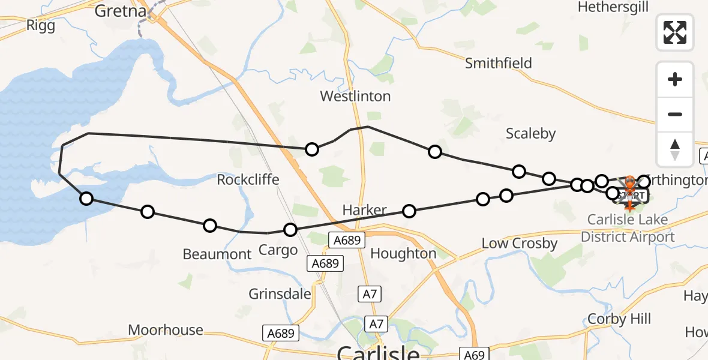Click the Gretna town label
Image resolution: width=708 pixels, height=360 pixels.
(121, 11)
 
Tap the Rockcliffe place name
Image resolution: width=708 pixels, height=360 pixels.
(248, 179)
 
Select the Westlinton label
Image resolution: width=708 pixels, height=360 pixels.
(355, 96)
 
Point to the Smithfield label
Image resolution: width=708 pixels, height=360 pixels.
(499, 63)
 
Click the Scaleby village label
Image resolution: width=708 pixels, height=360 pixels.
(530, 133)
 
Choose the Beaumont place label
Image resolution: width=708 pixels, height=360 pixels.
(217, 254)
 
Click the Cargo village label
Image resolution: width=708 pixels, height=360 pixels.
(278, 250)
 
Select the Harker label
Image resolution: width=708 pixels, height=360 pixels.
(364, 210)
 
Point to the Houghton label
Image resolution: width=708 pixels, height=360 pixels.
(403, 253)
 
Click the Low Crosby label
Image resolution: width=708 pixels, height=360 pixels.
(520, 244)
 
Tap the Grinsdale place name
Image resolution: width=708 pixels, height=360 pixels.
(280, 294)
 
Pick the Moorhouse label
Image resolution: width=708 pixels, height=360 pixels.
(166, 330)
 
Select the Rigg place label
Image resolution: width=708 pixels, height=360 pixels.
(41, 25)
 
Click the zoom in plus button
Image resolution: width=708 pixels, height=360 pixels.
(675, 79)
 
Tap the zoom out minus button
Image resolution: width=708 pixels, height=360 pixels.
(675, 114)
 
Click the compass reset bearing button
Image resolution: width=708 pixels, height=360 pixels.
(675, 149)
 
